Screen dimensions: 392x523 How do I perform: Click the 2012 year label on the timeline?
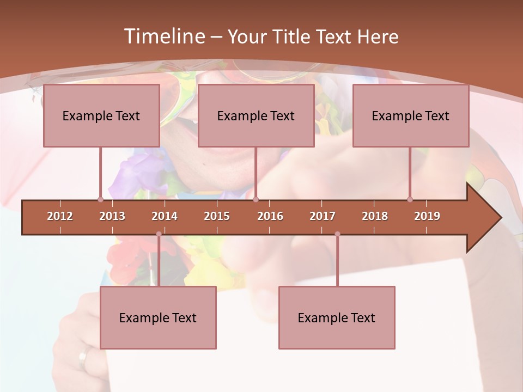pos(60,216)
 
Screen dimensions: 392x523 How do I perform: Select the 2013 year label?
pos(112,216)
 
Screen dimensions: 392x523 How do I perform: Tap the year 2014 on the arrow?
pos(165,216)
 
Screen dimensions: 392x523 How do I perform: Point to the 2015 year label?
pos(217,216)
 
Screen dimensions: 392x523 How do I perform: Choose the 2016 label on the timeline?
pos(270,216)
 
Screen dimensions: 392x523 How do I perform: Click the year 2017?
pos(323,216)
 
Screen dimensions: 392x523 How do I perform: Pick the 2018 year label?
pos(375,216)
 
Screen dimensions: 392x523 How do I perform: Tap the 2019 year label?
pos(427,216)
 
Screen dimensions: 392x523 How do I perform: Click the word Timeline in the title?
pos(163,36)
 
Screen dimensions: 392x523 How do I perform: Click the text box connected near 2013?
pos(101,116)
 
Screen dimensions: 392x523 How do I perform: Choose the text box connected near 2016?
pos(256,116)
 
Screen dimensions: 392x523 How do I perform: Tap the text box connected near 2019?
pos(411,116)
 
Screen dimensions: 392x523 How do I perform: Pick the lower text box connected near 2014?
pos(158,318)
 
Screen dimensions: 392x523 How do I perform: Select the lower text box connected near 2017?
pos(337,318)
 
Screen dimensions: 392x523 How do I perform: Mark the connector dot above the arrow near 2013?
pos(100,199)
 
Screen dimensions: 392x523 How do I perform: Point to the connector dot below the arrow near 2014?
pos(159,234)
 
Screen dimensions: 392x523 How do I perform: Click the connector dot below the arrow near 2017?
pos(337,234)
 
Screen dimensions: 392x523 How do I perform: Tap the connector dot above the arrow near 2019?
pos(410,199)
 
